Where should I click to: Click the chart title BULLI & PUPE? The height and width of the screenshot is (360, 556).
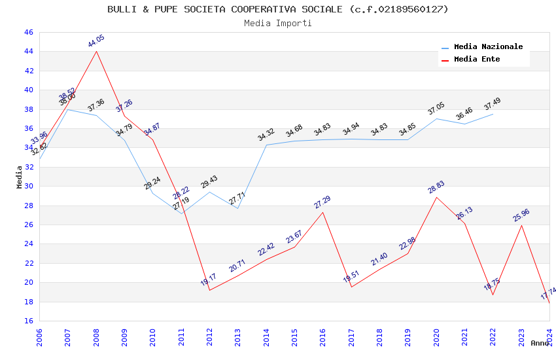click(x=278, y=9)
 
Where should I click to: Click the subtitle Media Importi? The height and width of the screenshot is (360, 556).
click(x=278, y=24)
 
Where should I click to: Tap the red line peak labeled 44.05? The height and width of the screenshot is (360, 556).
click(x=97, y=51)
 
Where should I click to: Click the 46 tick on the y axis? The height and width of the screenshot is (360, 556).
click(x=27, y=32)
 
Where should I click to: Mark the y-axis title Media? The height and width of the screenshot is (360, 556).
click(x=19, y=177)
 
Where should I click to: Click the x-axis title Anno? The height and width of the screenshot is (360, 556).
click(x=540, y=343)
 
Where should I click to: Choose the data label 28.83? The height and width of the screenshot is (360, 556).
click(x=436, y=187)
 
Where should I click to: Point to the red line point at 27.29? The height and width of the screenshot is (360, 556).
click(x=322, y=212)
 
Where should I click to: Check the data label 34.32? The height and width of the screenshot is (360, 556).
click(x=266, y=135)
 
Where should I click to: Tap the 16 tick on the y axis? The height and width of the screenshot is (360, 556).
click(x=27, y=321)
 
